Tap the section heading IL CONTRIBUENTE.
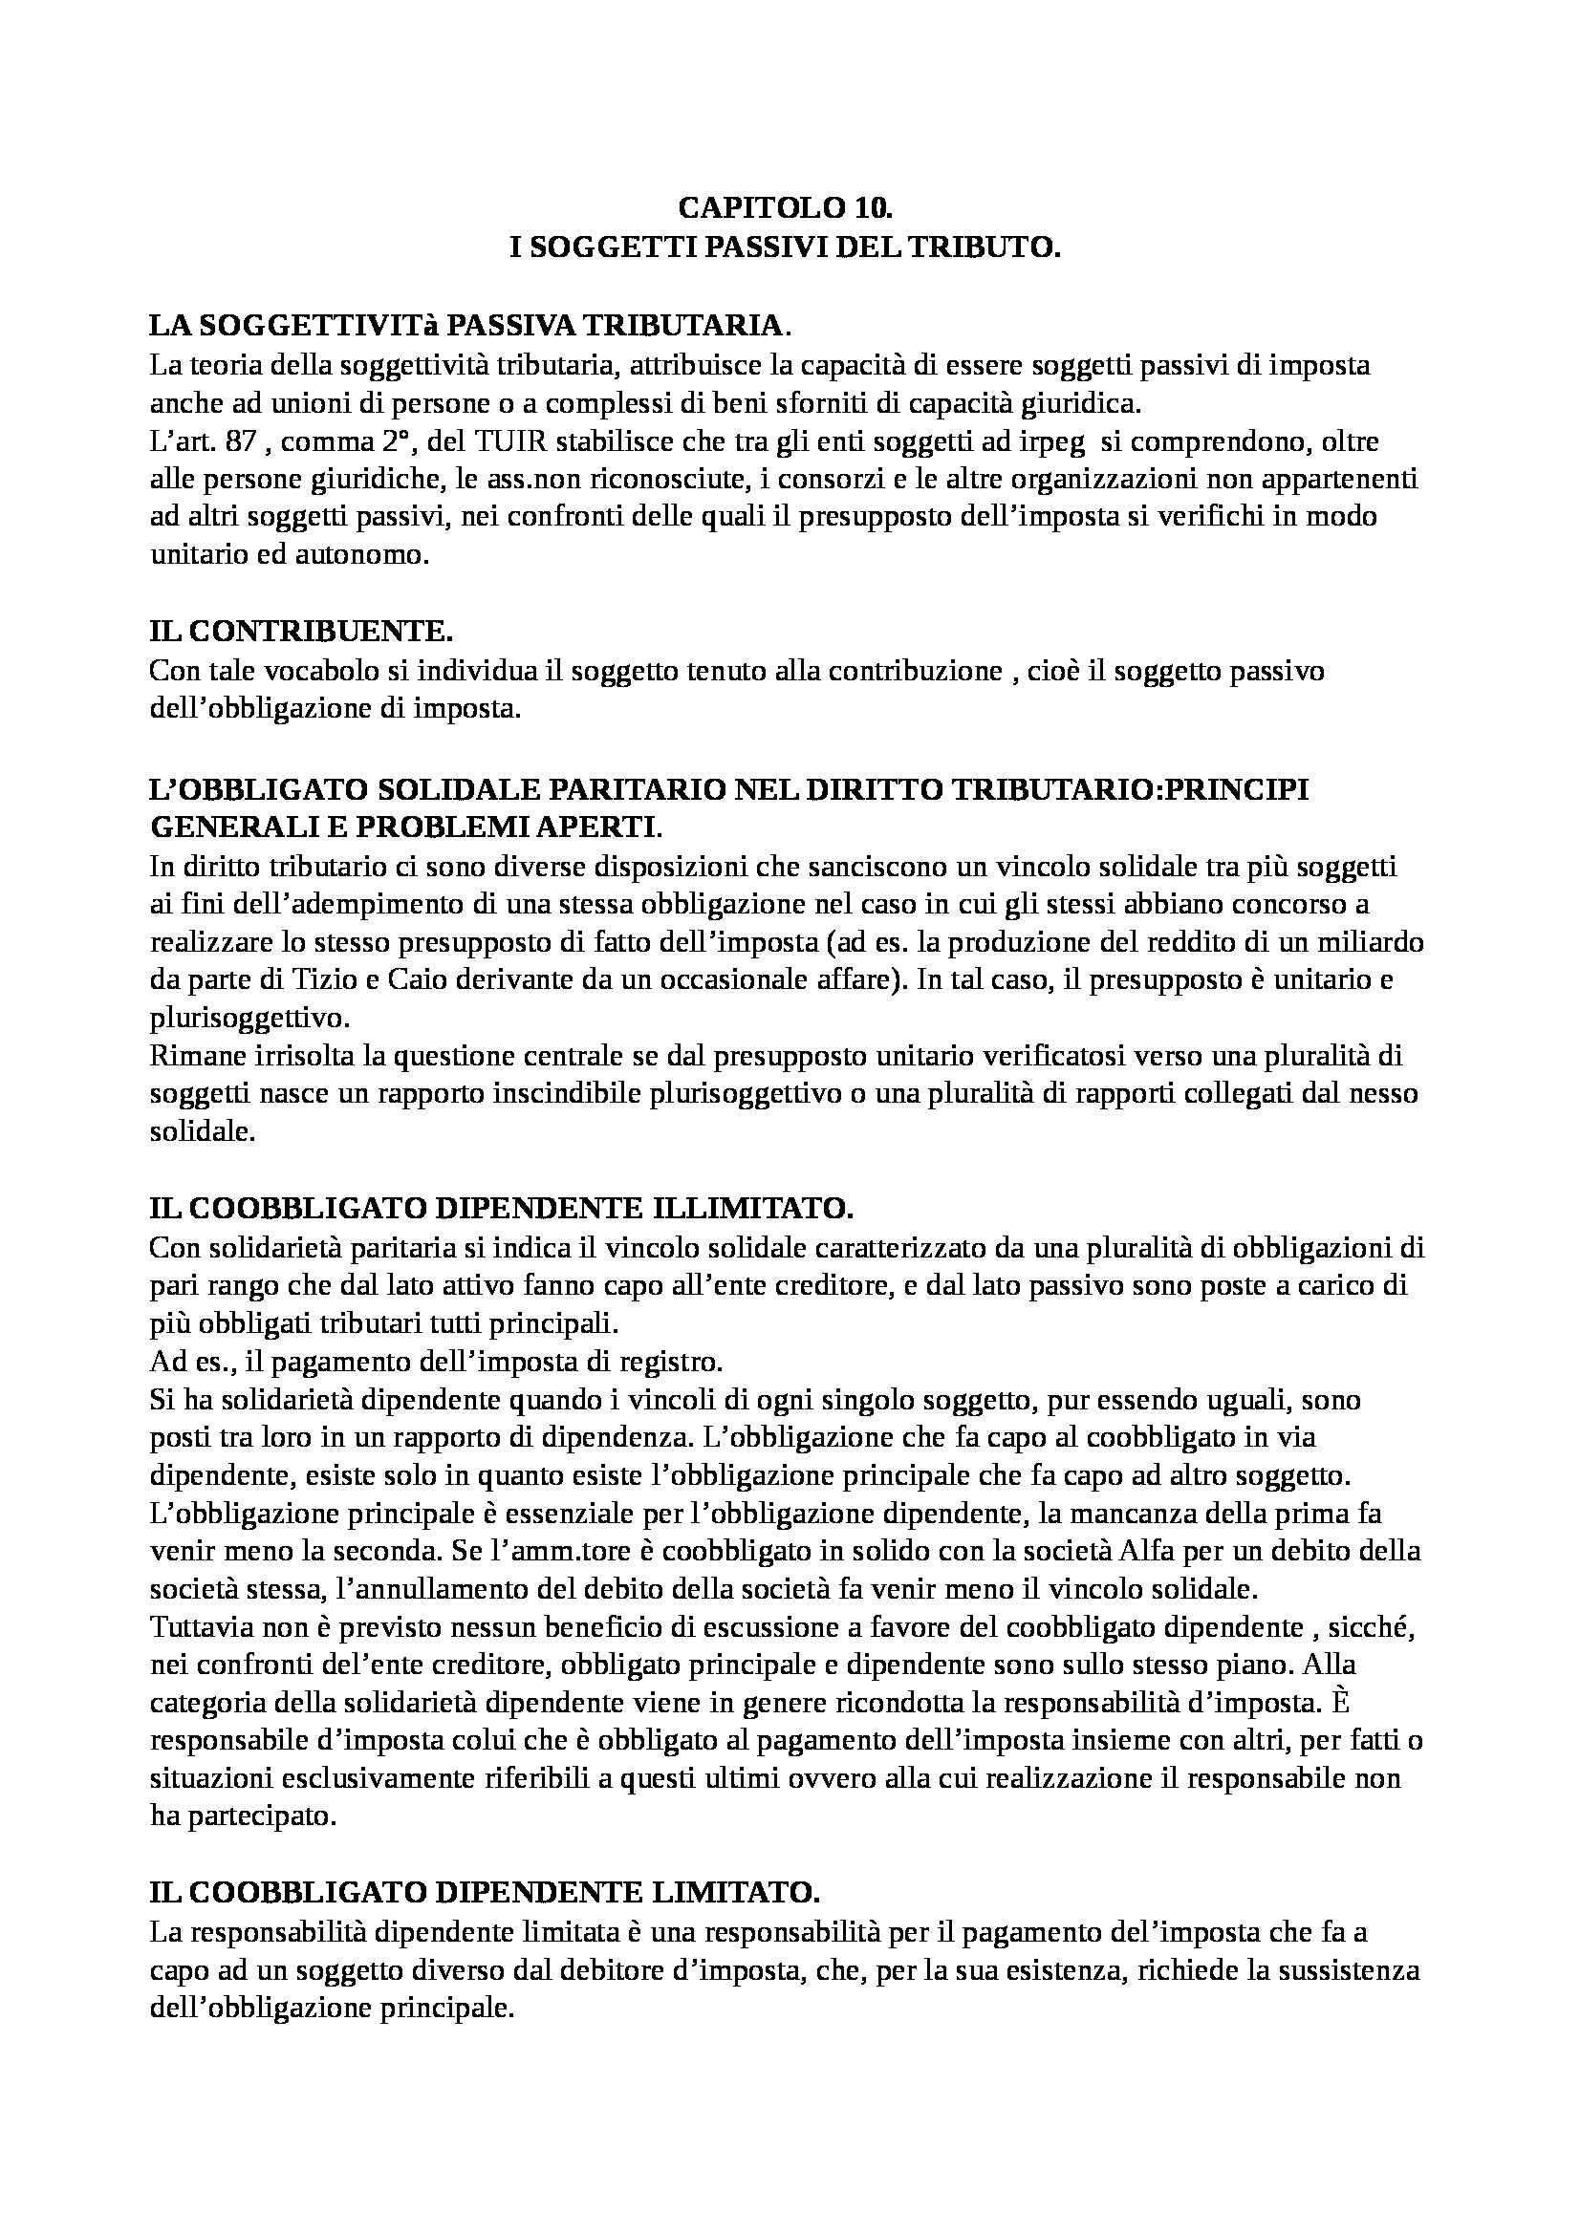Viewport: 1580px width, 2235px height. [301, 632]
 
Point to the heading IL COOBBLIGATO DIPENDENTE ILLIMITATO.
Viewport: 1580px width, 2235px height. [502, 1208]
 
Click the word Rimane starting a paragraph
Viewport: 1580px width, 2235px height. [191, 1056]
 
